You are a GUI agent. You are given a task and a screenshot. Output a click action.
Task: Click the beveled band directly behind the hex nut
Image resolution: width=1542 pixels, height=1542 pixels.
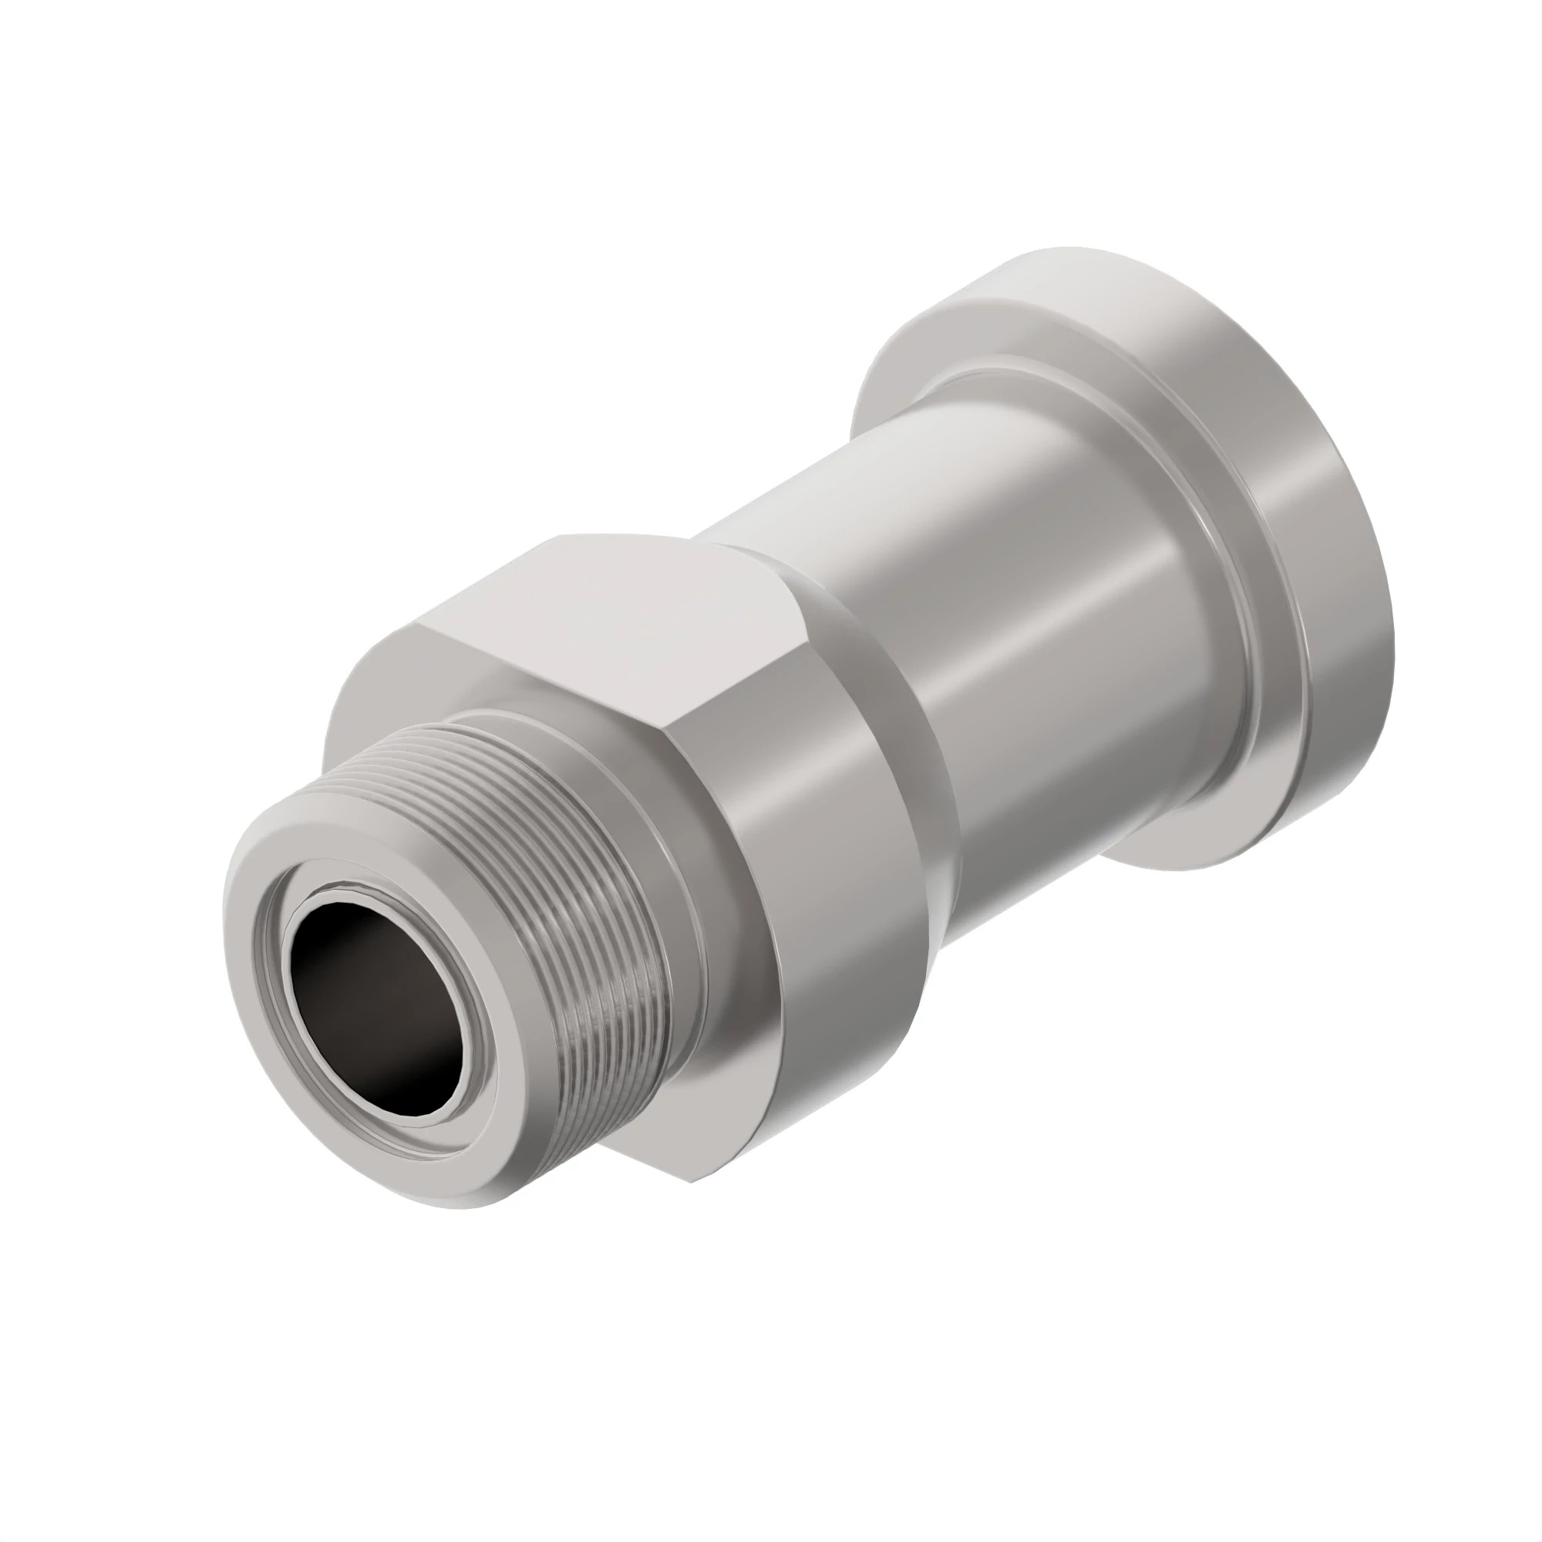pyautogui.click(x=894, y=719)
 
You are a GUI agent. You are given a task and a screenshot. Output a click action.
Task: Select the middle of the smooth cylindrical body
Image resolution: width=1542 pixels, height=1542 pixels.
pyautogui.click(x=1038, y=678)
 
